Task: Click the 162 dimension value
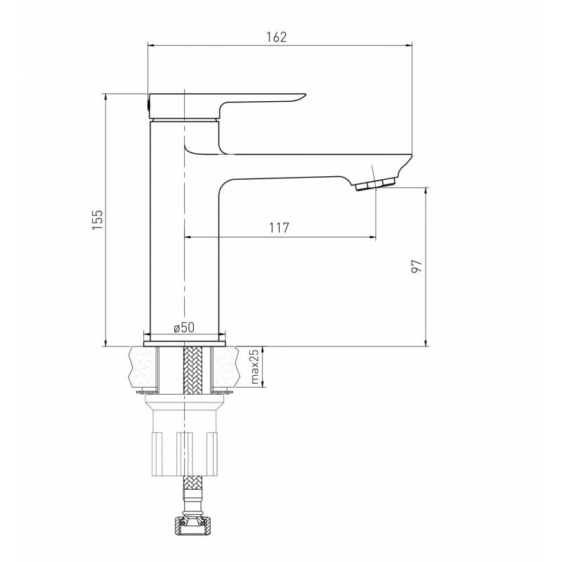pyautogui.click(x=276, y=37)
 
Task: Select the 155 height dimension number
pyautogui.click(x=98, y=219)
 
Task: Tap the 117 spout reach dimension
pyautogui.click(x=279, y=228)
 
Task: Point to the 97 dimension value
pyautogui.click(x=417, y=266)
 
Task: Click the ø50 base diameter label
pyautogui.click(x=184, y=327)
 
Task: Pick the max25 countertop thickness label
pyautogui.click(x=254, y=367)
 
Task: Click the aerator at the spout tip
pyautogui.click(x=375, y=185)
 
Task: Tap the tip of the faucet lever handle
pyautogui.click(x=304, y=95)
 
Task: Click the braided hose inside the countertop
pyautogui.click(x=192, y=370)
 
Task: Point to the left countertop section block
pyautogui.click(x=143, y=367)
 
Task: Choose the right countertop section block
pyautogui.click(x=226, y=367)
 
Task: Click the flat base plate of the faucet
pyautogui.click(x=185, y=344)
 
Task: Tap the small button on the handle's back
pyautogui.click(x=148, y=105)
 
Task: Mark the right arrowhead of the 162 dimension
pyautogui.click(x=409, y=45)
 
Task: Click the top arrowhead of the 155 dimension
pyautogui.click(x=105, y=97)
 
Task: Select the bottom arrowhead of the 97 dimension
pyautogui.click(x=426, y=343)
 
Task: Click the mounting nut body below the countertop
pyautogui.click(x=185, y=435)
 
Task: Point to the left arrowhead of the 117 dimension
pyautogui.click(x=188, y=237)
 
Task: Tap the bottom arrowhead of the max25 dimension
pyautogui.click(x=263, y=384)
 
